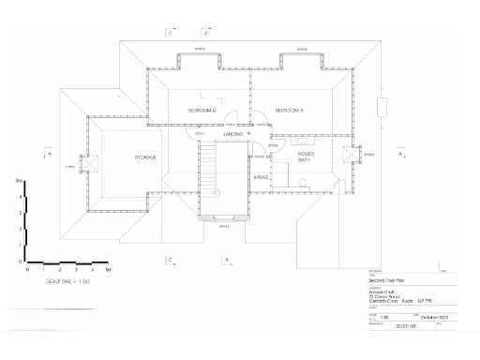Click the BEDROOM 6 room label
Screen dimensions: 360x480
202,112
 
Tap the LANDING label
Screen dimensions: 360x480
233,135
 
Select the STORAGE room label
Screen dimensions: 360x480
145,157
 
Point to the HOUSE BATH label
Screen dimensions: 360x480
304,157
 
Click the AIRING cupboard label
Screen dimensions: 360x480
261,176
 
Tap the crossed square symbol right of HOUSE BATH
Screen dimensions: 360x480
352,155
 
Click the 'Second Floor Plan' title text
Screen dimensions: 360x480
384,280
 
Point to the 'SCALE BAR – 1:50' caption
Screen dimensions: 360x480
67,281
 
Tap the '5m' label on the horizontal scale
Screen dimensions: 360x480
109,270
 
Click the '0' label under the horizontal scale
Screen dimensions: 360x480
28,270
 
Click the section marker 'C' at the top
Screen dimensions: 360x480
170,33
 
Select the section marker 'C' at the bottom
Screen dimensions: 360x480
170,258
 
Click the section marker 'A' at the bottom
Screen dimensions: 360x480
225,258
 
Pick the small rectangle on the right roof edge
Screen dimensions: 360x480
382,106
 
